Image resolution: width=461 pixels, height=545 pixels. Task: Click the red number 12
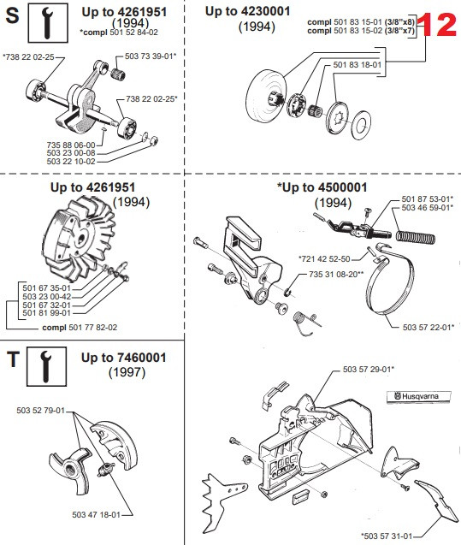coord(437,25)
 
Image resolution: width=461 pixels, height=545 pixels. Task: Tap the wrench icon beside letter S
coord(48,23)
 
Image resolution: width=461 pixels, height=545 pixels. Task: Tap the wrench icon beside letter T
coord(46,366)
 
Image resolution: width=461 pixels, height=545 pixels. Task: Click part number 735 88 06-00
coord(71,145)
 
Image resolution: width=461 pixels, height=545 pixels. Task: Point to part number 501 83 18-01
coord(358,65)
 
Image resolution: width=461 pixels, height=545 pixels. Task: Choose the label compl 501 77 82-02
coord(80,328)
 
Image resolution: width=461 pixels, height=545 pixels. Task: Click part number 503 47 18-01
coord(96,514)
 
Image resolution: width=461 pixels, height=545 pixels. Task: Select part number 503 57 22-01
coord(428,327)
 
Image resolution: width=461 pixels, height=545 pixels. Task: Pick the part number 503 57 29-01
coord(369,369)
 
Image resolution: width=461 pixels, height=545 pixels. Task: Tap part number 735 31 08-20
coord(336,275)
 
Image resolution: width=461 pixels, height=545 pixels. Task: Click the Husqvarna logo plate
coord(418,396)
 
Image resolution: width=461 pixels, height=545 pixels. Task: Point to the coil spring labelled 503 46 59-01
coord(416,238)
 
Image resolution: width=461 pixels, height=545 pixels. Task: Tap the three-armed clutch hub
coord(69,470)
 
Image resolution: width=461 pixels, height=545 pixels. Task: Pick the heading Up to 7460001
coord(124,358)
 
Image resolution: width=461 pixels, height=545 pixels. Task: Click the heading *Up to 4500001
coord(322,187)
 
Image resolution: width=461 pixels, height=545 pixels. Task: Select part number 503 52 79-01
coord(41,410)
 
